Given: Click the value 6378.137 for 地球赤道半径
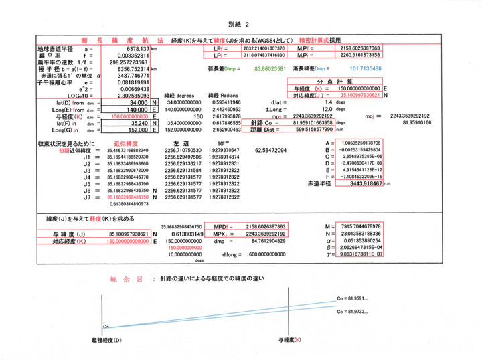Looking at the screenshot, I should [x=137, y=49].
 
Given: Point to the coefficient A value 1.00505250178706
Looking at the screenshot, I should [x=361, y=143].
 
